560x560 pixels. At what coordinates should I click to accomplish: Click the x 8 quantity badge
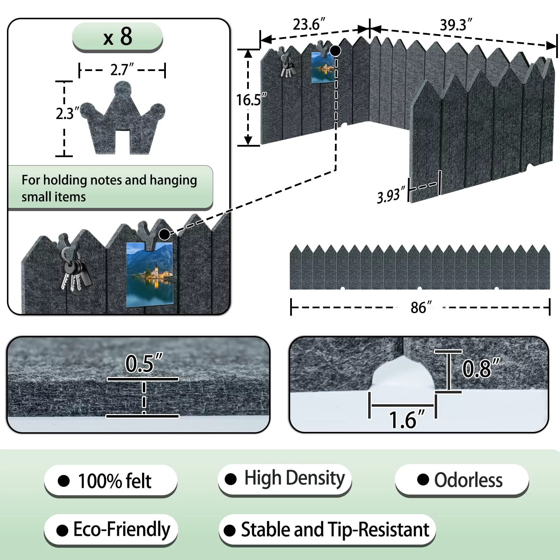118,37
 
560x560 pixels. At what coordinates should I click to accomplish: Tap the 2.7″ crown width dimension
122,70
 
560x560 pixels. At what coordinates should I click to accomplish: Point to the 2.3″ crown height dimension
65,113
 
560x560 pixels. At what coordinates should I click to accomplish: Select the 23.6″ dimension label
309,24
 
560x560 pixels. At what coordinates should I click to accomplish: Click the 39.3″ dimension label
456,25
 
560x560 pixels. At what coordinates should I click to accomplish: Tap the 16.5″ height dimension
251,100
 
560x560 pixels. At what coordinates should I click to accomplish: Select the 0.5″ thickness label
143,363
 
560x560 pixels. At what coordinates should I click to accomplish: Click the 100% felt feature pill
111,481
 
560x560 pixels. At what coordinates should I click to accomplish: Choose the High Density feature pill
285,478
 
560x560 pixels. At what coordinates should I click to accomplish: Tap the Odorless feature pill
461,480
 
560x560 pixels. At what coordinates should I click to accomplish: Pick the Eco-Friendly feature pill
111,530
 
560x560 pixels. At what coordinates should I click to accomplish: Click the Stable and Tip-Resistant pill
327,530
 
